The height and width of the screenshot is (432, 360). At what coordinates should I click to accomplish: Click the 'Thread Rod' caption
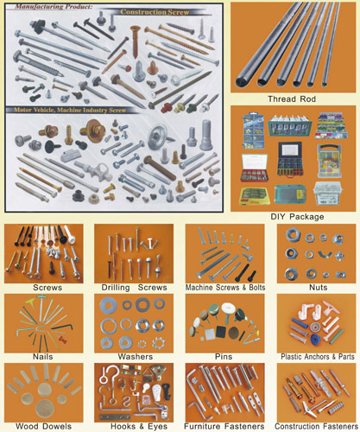(x=294, y=99)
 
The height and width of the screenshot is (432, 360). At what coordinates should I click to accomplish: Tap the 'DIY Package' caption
(x=294, y=216)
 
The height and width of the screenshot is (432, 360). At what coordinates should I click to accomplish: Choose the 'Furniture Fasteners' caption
(x=222, y=426)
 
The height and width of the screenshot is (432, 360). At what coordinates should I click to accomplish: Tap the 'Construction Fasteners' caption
(x=314, y=426)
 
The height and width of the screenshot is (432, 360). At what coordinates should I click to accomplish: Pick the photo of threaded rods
(x=294, y=48)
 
